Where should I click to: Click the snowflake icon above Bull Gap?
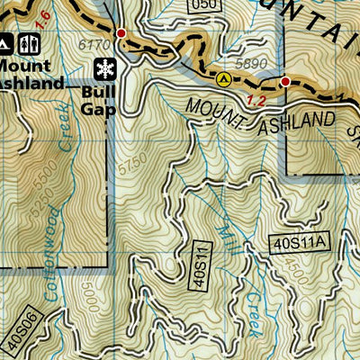click(104, 68)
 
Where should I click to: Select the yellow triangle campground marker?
click(224, 78)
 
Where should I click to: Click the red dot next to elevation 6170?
click(121, 33)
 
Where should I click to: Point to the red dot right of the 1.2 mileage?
click(285, 82)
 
